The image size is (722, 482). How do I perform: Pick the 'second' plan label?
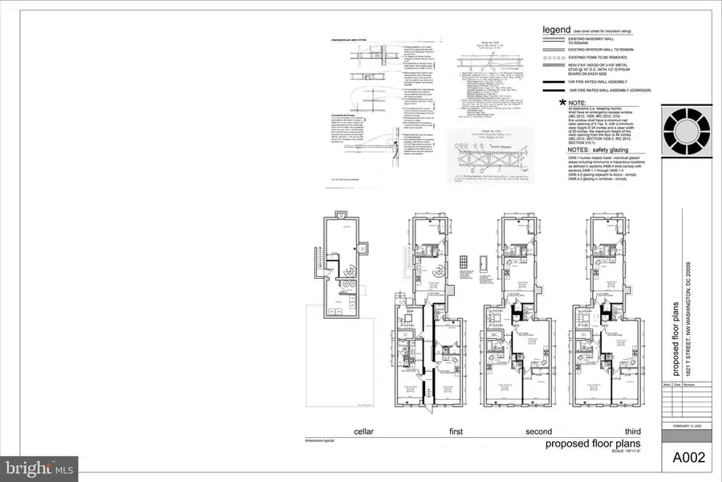[x=538, y=432]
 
